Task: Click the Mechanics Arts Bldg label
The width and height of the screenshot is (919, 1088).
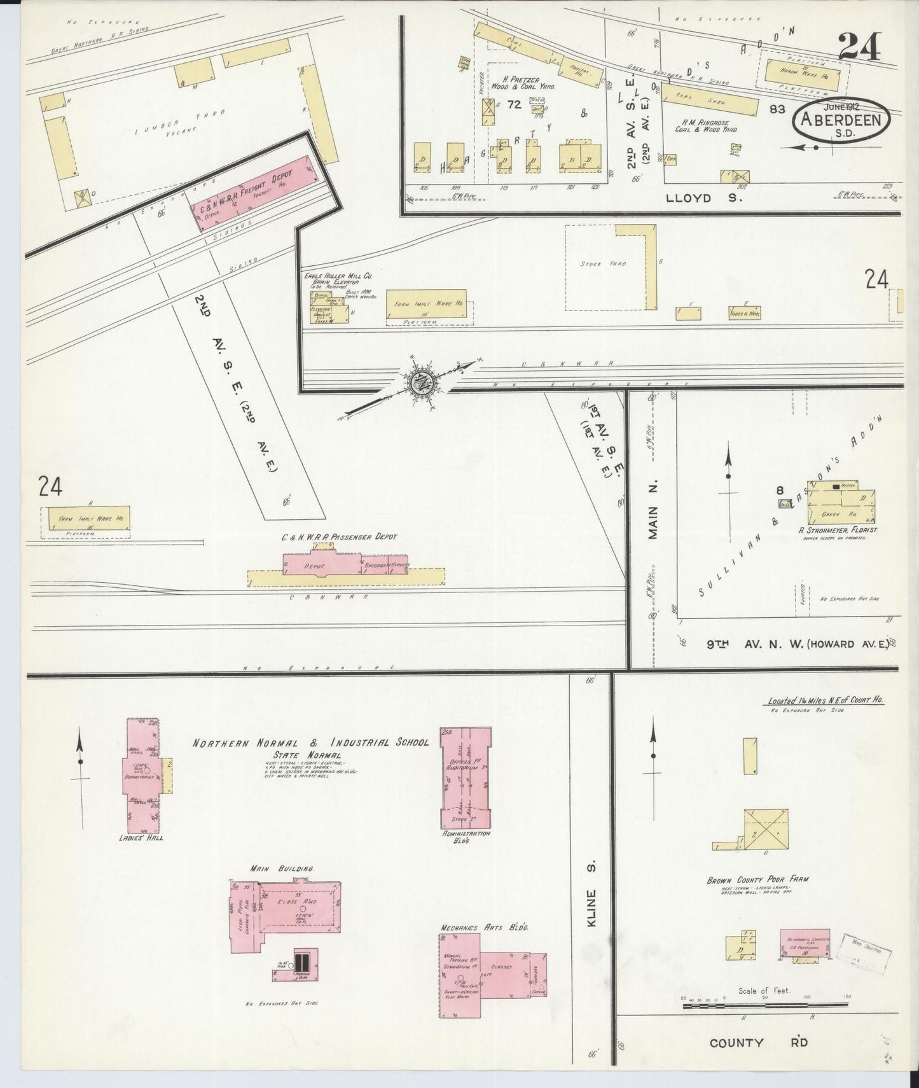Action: pyautogui.click(x=484, y=927)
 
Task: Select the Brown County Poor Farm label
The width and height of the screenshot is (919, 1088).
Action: pyautogui.click(x=758, y=881)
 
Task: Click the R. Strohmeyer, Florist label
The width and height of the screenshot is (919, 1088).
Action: pyautogui.click(x=841, y=529)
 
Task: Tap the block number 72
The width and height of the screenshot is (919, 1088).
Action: pyautogui.click(x=515, y=105)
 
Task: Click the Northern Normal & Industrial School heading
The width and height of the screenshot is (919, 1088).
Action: pyautogui.click(x=311, y=743)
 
